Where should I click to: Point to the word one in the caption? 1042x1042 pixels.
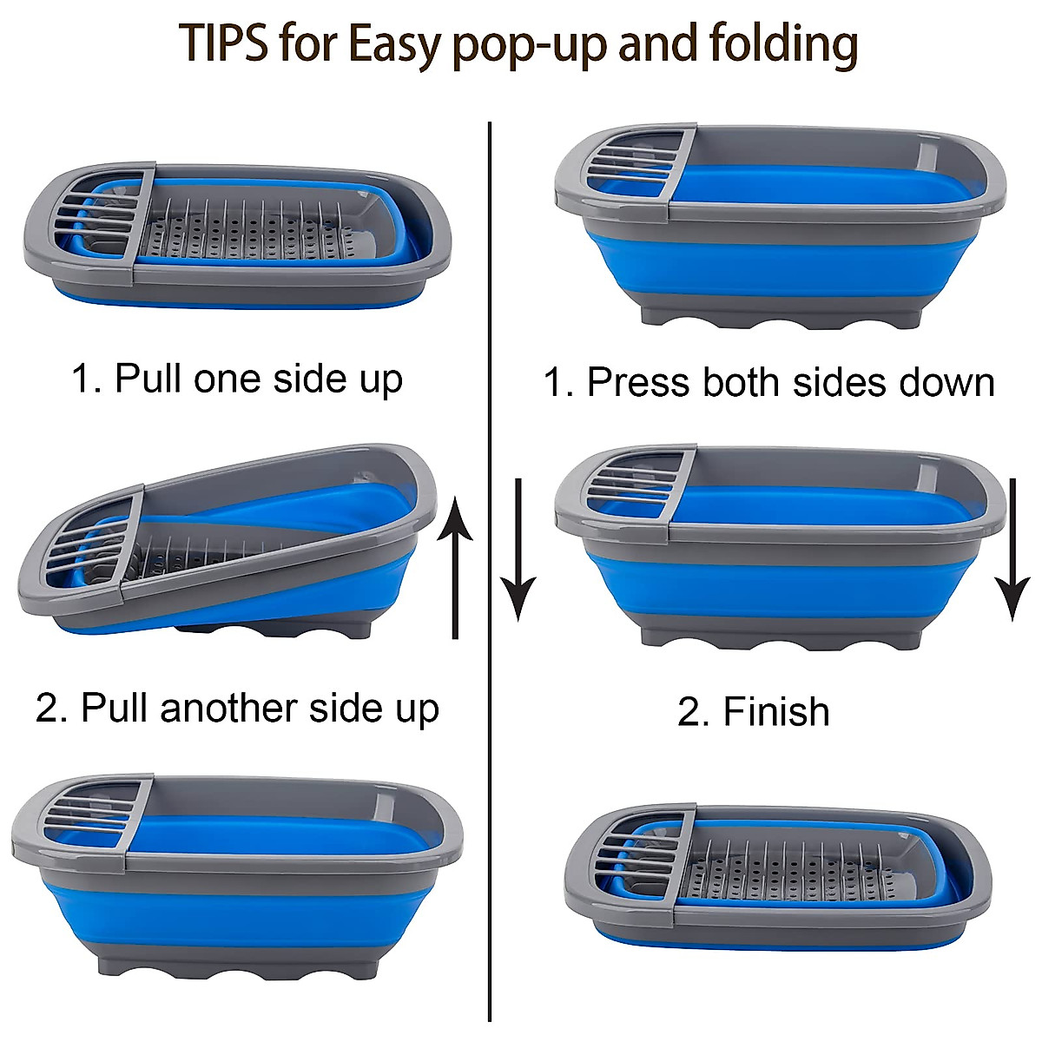coord(227,379)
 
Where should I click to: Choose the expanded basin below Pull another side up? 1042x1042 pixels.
coord(236,877)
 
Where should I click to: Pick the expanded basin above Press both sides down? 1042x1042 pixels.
coord(780,226)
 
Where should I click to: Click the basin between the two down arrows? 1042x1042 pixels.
coord(780,547)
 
